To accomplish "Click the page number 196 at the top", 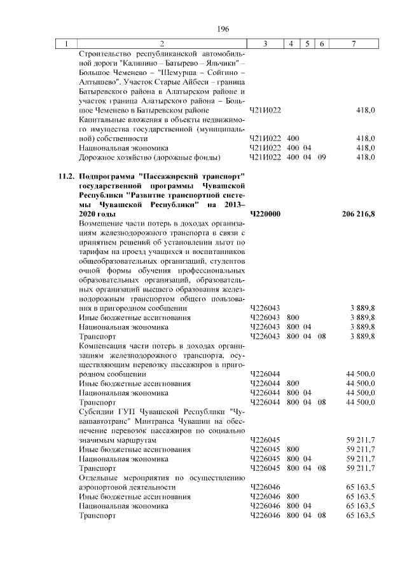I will [223, 29].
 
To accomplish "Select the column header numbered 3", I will [265, 44].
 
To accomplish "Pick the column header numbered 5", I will [307, 44].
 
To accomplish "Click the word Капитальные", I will [100, 119].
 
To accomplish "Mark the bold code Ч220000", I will [266, 215].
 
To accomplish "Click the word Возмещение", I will [100, 224].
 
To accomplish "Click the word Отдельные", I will [97, 477].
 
